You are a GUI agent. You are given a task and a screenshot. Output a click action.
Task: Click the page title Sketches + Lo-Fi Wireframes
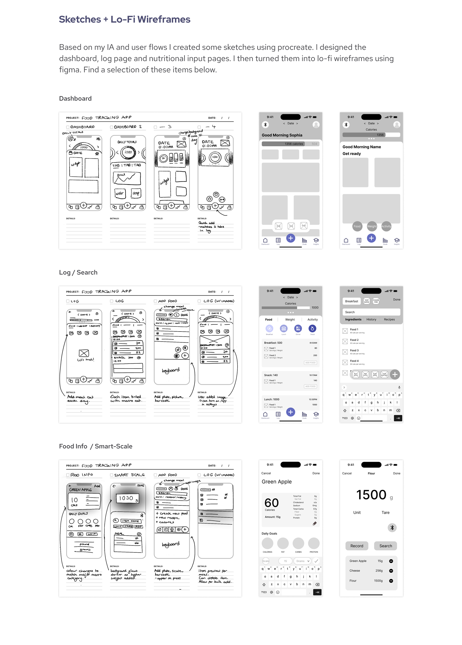pyautogui.click(x=125, y=19)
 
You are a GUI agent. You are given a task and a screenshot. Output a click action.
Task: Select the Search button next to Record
pyautogui.click(x=385, y=546)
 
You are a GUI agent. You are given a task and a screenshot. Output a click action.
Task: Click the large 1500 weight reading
pyautogui.click(x=371, y=495)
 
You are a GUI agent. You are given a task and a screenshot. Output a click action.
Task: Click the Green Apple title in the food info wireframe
pyautogui.click(x=276, y=482)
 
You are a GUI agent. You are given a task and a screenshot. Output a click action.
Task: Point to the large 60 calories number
pyautogui.click(x=271, y=503)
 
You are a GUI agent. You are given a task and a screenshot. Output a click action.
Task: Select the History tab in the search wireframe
pyautogui.click(x=371, y=319)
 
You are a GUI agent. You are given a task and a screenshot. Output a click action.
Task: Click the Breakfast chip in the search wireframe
pyautogui.click(x=351, y=301)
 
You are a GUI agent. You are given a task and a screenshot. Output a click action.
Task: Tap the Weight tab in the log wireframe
pyautogui.click(x=290, y=320)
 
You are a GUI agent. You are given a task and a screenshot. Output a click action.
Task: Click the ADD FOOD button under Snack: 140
pyautogui.click(x=310, y=386)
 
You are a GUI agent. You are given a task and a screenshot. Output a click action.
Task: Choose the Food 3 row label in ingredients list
pyautogui.click(x=354, y=350)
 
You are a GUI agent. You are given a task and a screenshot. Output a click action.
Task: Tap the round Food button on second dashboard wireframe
pyautogui.click(x=357, y=226)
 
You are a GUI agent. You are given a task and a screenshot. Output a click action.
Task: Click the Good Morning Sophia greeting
pyautogui.click(x=282, y=135)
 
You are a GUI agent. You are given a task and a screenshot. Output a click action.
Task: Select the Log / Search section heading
pyautogui.click(x=78, y=272)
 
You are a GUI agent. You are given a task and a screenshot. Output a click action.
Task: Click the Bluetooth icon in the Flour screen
pyautogui.click(x=392, y=528)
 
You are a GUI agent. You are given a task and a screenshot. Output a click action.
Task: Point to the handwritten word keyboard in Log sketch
pyautogui.click(x=171, y=370)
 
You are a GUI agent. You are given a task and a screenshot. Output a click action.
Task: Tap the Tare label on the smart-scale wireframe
pyautogui.click(x=385, y=512)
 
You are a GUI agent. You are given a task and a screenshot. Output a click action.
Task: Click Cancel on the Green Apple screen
pyautogui.click(x=266, y=473)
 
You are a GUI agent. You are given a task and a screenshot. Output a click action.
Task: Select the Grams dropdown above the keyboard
pyautogui.click(x=302, y=561)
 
